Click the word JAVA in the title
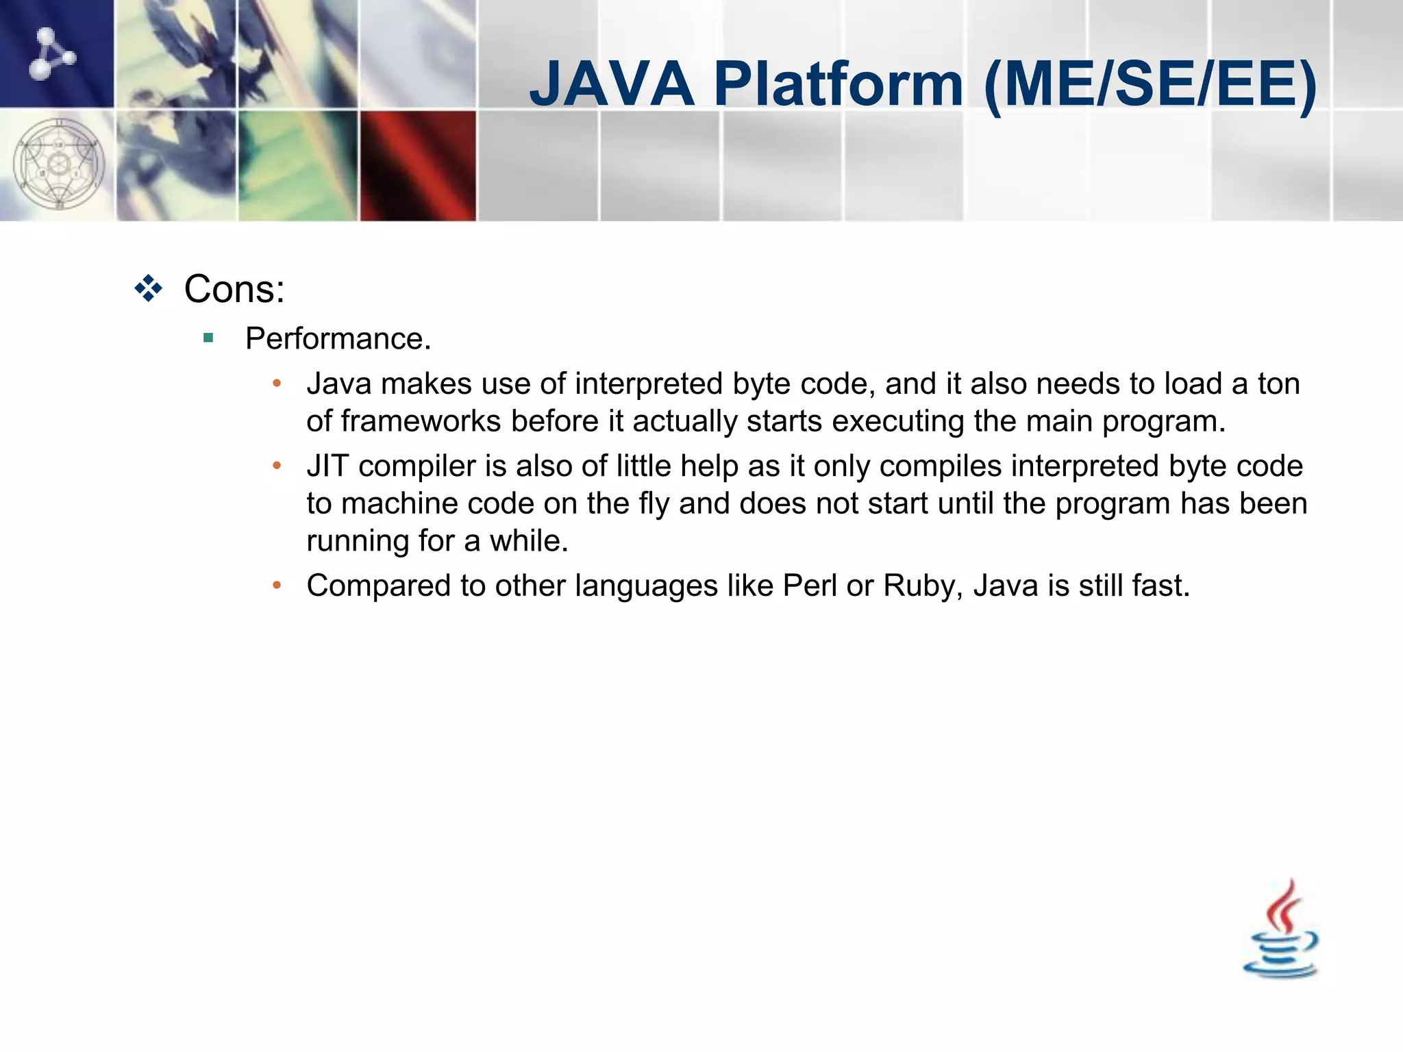(612, 84)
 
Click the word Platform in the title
(839, 84)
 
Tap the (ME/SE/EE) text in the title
(1150, 86)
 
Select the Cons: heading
(234, 289)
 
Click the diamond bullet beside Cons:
(149, 288)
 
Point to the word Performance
(338, 338)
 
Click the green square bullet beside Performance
(208, 338)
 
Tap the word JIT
(327, 466)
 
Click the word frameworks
(421, 421)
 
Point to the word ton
(1278, 384)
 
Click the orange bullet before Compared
(277, 586)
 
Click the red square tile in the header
(418, 166)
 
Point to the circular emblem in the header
(59, 165)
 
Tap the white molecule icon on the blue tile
(51, 53)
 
